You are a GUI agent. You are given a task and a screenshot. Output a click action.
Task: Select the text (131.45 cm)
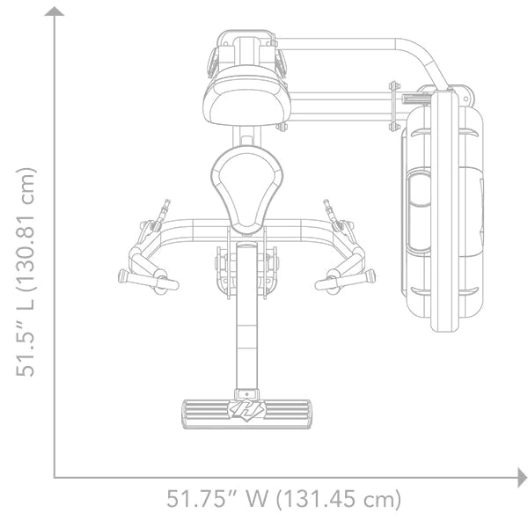[x=338, y=498]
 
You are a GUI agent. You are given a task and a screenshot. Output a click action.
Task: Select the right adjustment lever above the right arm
[x=330, y=209]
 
